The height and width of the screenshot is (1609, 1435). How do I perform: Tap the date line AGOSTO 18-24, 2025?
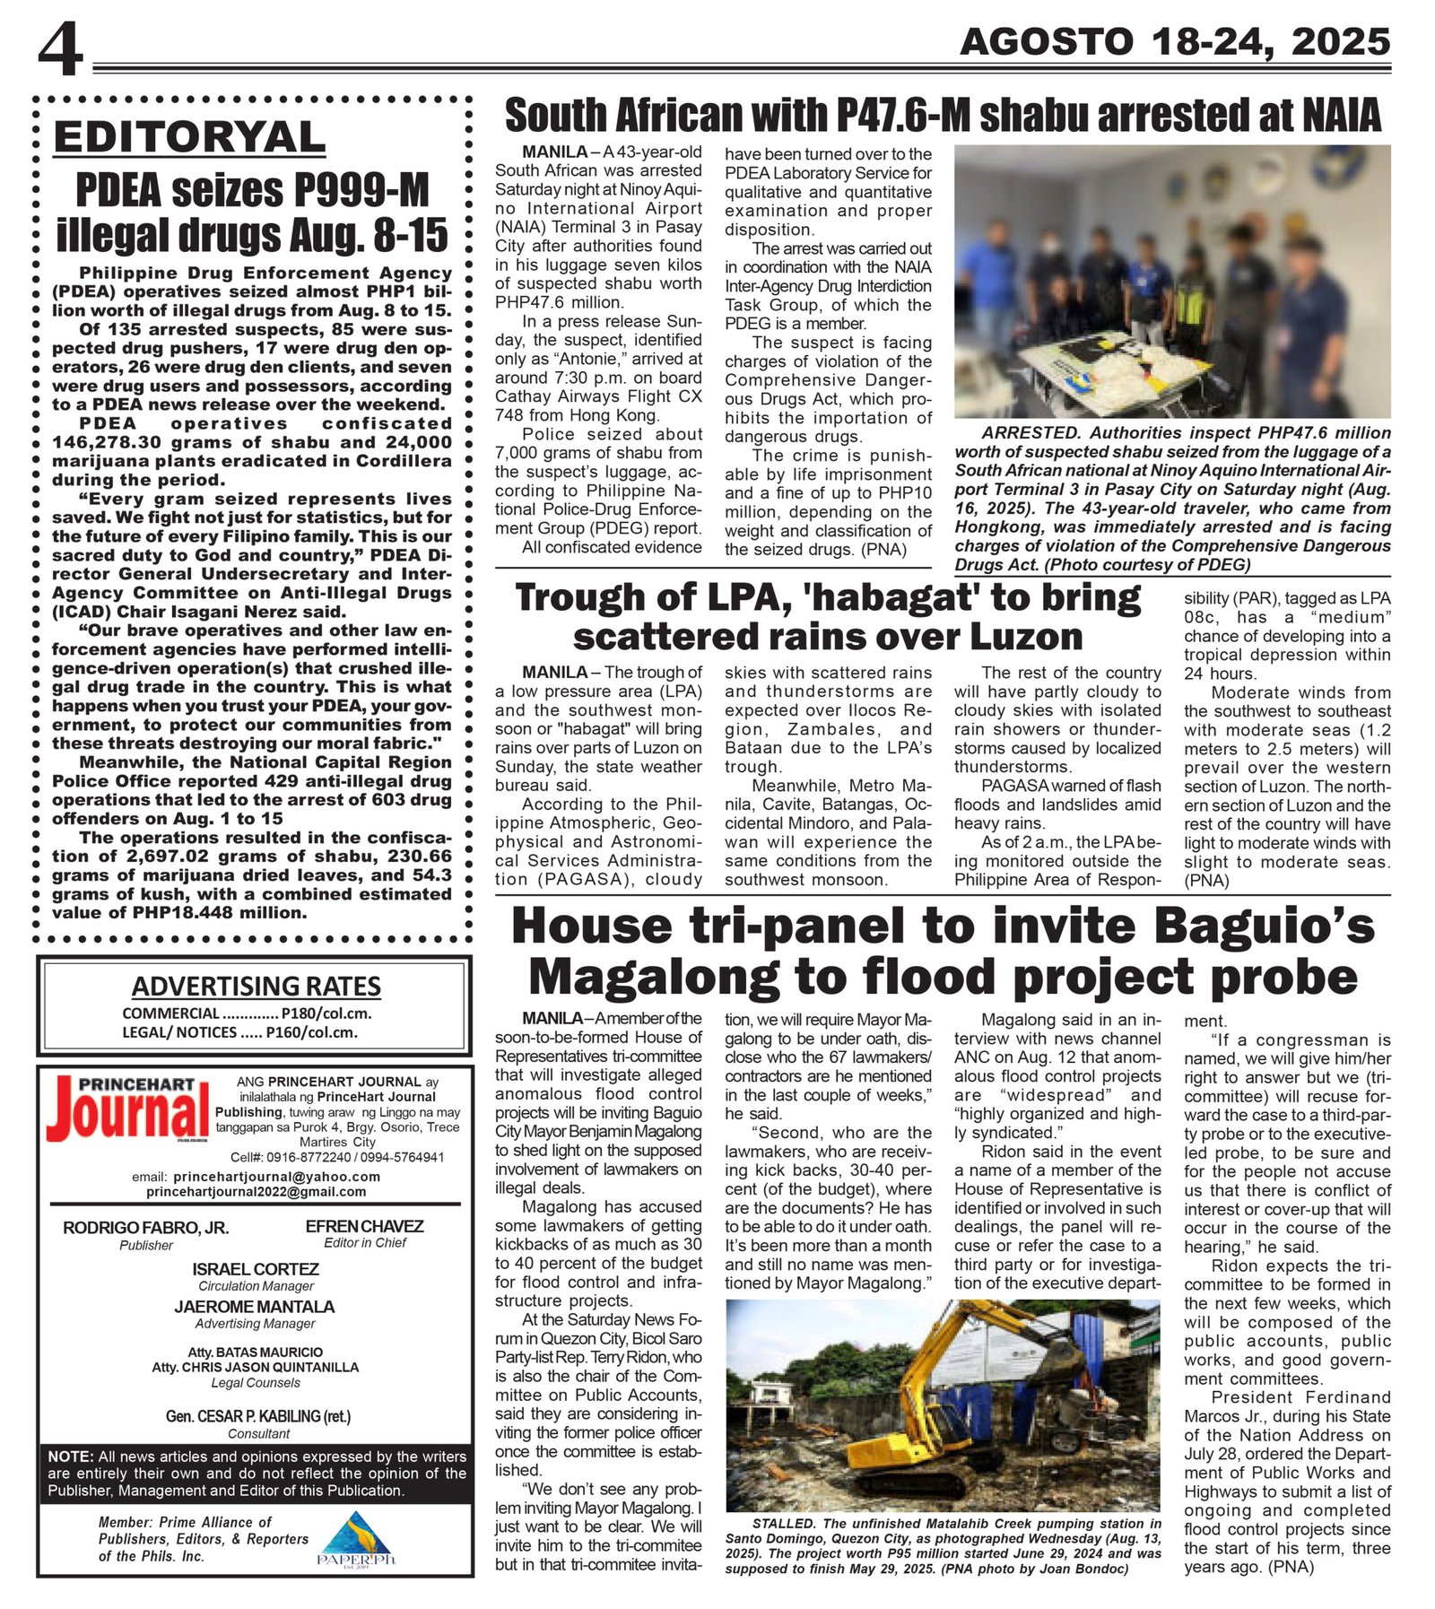click(1174, 41)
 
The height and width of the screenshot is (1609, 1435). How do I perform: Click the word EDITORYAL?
click(189, 137)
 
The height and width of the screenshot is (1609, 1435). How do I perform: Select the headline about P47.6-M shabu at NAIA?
click(942, 116)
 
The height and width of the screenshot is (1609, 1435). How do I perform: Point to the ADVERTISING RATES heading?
click(256, 986)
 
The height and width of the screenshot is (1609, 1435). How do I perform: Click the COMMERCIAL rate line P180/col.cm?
click(247, 1013)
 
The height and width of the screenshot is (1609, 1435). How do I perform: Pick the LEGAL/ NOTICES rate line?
click(239, 1032)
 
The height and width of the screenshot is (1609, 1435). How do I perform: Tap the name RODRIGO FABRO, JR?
click(145, 1227)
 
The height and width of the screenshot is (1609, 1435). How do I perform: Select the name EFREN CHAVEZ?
click(364, 1226)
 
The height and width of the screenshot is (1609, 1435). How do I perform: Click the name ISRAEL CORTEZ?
click(256, 1269)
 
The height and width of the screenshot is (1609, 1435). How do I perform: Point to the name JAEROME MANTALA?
click(255, 1307)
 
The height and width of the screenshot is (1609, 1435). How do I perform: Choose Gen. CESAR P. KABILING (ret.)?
click(258, 1416)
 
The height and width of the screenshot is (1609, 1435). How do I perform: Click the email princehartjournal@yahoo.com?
click(277, 1177)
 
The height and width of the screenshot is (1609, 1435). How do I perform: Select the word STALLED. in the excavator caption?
click(785, 1523)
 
